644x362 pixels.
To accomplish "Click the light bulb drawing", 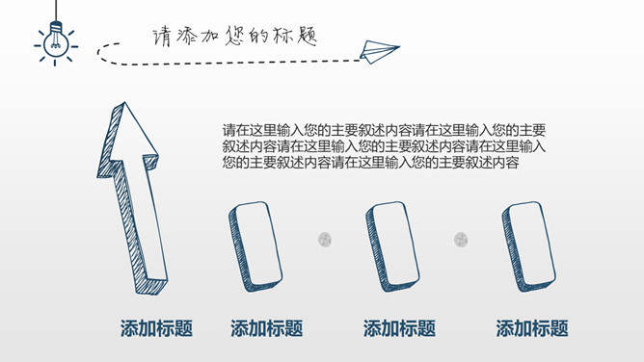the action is [x=56, y=42].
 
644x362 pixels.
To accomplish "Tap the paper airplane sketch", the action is [x=379, y=52].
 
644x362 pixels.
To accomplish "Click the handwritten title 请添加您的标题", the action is [x=234, y=36].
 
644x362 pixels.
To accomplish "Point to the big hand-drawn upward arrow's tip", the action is [x=124, y=102].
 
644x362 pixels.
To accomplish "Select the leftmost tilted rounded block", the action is [x=255, y=246].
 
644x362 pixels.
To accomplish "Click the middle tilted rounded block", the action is [x=392, y=246].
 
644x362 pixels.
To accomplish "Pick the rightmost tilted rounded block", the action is [x=528, y=246].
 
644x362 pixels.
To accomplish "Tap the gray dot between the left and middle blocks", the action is [x=325, y=240].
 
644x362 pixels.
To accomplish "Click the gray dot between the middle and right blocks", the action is [x=461, y=240].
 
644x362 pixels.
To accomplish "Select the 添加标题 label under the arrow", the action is [x=156, y=328].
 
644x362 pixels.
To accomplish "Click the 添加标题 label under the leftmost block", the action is [x=266, y=328].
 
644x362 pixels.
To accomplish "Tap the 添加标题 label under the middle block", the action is [x=399, y=328].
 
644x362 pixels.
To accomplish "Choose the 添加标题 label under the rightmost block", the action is [x=532, y=328].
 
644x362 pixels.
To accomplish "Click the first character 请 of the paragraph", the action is [x=229, y=130].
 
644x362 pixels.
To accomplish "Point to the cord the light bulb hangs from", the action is [x=56, y=11].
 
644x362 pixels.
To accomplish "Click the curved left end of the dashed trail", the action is [x=99, y=53].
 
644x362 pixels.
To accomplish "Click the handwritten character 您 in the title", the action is [x=234, y=36].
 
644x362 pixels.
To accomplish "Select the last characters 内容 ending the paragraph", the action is [x=506, y=163].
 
